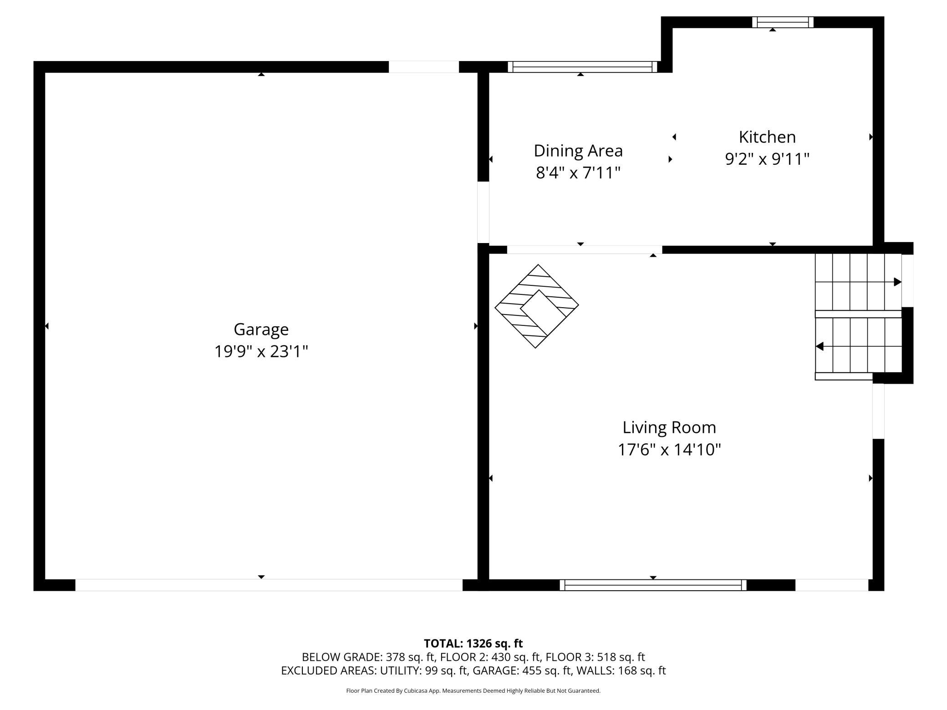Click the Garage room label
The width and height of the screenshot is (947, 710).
[261, 330]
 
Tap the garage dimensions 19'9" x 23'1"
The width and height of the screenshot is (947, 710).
[261, 351]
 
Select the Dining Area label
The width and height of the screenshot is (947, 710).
[578, 151]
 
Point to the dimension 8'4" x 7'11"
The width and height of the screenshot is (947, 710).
[578, 173]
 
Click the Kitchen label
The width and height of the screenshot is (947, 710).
[767, 137]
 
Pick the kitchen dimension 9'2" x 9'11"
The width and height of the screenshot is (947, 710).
[767, 159]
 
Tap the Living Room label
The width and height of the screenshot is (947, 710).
[669, 427]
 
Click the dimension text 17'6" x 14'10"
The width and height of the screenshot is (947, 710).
[669, 450]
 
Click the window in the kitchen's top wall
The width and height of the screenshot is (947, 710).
[783, 22]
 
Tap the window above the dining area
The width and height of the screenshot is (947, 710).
[582, 67]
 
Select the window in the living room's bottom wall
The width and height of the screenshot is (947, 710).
[653, 585]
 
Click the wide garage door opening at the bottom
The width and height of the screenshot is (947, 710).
[269, 585]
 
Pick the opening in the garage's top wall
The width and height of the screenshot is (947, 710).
[423, 67]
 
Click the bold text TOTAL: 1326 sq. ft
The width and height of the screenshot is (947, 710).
[473, 644]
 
